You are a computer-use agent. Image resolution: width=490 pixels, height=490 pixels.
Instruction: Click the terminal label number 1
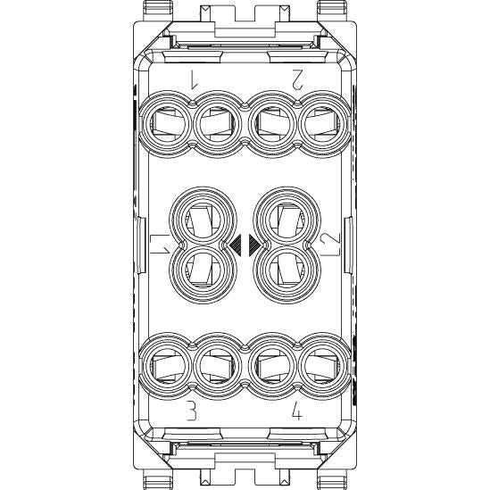[x=194, y=79]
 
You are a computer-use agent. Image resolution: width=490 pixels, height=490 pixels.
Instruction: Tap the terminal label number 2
[x=297, y=79]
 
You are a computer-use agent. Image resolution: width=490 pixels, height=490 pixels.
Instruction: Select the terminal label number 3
[x=192, y=410]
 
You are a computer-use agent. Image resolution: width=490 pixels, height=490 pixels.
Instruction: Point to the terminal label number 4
[x=297, y=410]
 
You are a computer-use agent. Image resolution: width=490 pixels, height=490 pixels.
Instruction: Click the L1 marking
[x=161, y=244]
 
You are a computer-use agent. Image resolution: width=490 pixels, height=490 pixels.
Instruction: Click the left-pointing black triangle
[x=236, y=245]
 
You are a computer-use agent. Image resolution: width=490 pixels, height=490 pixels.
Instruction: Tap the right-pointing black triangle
[x=254, y=245]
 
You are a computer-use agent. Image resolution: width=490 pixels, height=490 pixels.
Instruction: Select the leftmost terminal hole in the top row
[x=166, y=124]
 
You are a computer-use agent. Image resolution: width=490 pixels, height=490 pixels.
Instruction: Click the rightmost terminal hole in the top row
[x=323, y=124]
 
